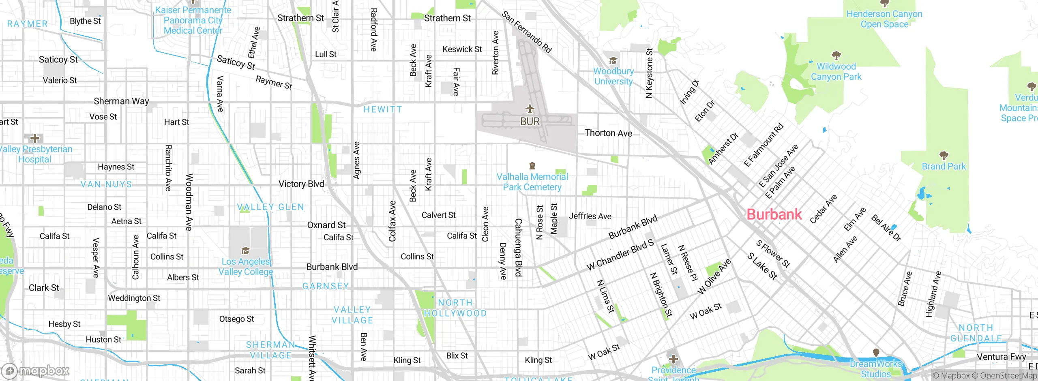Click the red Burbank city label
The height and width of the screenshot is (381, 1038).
[774, 214]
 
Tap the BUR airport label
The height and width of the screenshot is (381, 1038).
[530, 122]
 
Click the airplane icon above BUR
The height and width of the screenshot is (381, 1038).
[530, 109]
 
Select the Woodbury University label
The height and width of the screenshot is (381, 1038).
[613, 76]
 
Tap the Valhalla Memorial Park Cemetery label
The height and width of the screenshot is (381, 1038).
[532, 182]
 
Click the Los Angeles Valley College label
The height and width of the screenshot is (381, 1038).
[246, 267]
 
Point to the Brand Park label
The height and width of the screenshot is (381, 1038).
[944, 166]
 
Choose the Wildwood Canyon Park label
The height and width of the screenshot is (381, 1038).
[836, 71]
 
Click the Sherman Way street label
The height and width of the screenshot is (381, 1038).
[121, 101]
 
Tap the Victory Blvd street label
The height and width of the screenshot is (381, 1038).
[301, 184]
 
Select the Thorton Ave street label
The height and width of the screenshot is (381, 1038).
[608, 133]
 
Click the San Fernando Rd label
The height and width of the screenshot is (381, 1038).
[527, 32]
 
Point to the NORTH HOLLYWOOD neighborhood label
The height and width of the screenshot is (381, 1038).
[455, 308]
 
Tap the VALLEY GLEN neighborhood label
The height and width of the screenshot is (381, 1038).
[270, 207]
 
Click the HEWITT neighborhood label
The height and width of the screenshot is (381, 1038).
[383, 109]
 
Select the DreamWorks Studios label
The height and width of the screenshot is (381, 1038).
[876, 369]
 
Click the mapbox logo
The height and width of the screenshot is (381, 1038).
[36, 371]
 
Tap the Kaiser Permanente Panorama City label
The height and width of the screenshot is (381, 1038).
[193, 20]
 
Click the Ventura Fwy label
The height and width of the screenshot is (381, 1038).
[1001, 357]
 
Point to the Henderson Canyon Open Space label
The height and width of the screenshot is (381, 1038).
[884, 19]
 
